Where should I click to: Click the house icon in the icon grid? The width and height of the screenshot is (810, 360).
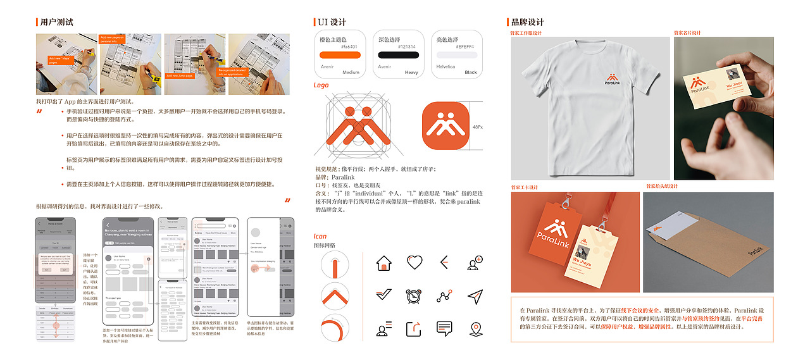383,263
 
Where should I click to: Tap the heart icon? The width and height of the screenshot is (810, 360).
414,262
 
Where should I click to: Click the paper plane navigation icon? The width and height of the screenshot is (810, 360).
475,296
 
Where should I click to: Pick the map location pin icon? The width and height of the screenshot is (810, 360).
476,329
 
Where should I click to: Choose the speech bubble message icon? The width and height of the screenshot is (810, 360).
444,328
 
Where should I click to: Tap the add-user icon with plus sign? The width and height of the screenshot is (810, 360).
475,263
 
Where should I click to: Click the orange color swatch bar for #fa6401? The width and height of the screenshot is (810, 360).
340,56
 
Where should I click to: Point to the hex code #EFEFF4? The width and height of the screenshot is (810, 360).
465,47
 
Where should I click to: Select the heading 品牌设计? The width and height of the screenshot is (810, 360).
528,22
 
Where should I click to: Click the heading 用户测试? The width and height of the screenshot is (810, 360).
56,22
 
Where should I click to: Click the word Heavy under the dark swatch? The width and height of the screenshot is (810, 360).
411,73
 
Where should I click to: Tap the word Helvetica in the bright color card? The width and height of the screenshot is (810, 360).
446,66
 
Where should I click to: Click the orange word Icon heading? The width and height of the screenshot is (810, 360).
320,237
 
